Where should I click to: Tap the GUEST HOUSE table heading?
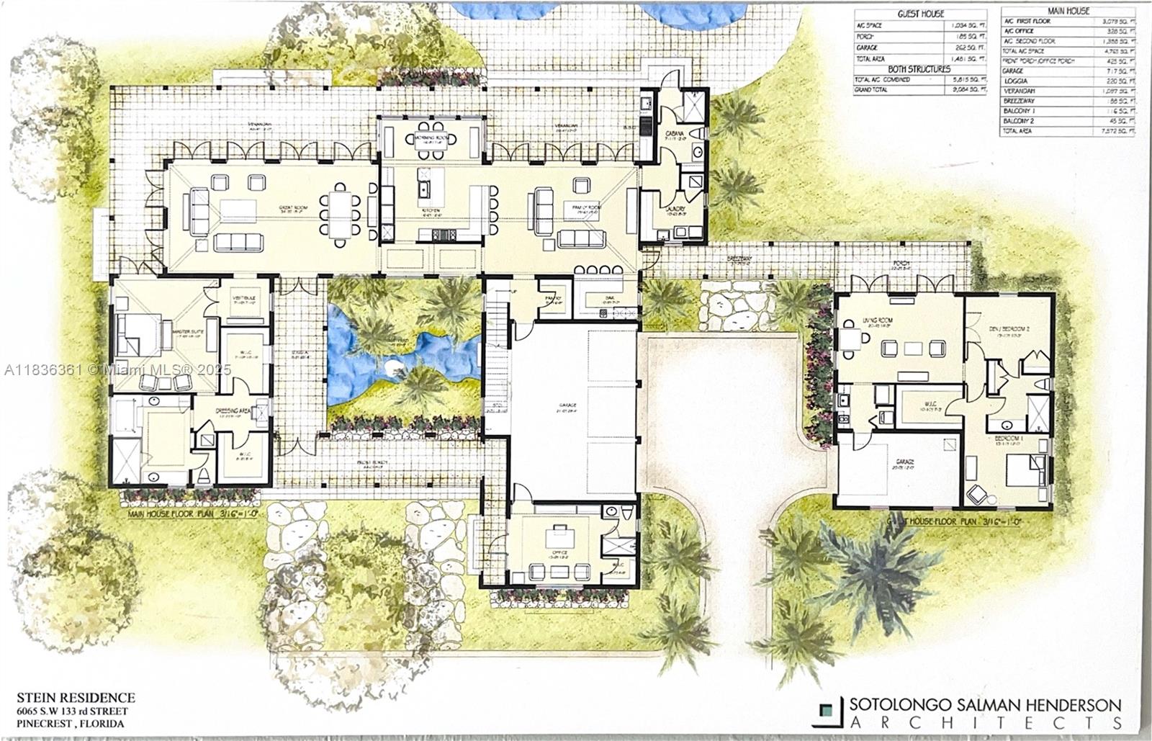pyautogui.click(x=920, y=14)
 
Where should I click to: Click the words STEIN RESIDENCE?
pyautogui.click(x=76, y=697)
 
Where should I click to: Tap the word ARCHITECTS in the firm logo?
pyautogui.click(x=985, y=722)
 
